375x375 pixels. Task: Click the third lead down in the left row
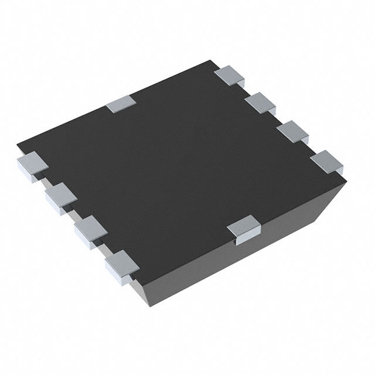click(88, 228)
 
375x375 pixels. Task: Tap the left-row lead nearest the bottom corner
click(120, 262)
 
